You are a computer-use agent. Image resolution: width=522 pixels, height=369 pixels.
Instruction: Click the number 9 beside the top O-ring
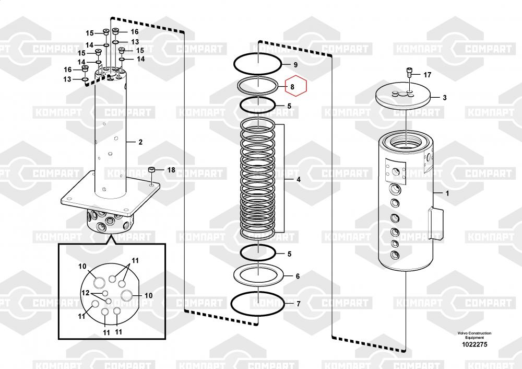pyautogui.click(x=295, y=65)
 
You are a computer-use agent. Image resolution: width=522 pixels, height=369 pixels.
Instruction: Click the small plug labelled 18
pyautogui.click(x=152, y=170)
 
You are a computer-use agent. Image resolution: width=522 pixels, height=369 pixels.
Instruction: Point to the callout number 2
pyautogui.click(x=140, y=142)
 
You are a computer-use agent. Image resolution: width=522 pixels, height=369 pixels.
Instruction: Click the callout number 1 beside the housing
pyautogui.click(x=447, y=193)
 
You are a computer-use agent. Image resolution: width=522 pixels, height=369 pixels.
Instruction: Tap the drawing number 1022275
pyautogui.click(x=474, y=344)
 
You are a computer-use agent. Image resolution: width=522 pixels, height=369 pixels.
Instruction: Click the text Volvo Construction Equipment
pyautogui.click(x=474, y=335)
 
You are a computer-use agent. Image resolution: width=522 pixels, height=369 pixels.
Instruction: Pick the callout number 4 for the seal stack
pyautogui.click(x=298, y=180)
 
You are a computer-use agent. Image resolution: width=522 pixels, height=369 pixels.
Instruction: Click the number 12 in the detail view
pyautogui.click(x=86, y=293)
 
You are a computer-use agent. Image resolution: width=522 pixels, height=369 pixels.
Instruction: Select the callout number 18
pyautogui.click(x=171, y=170)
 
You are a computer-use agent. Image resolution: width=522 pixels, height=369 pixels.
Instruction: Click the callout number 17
pyautogui.click(x=428, y=75)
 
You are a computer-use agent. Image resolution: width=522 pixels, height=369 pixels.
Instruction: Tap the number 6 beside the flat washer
pyautogui.click(x=298, y=276)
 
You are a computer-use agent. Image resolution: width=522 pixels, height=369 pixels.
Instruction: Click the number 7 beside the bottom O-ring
pyautogui.click(x=298, y=304)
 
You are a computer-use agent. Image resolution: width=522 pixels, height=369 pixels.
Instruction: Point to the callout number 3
pyautogui.click(x=444, y=98)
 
